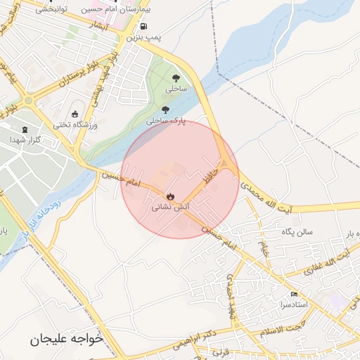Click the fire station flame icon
[170, 196]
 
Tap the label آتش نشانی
[169, 208]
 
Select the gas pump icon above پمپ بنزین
[144, 26]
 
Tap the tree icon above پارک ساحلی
[165, 110]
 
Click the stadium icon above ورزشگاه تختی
[75, 114]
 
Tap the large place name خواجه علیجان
[66, 339]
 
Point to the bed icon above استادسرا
[293, 294]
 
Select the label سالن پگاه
[296, 232]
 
